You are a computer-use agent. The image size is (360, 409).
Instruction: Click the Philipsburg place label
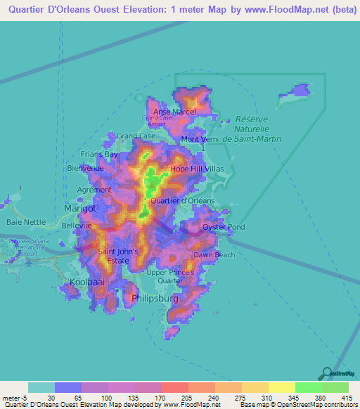(155, 299)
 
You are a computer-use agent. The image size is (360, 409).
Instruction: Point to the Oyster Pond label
(224, 227)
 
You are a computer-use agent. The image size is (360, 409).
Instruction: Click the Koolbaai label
(86, 282)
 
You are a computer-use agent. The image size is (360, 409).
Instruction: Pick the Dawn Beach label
(214, 254)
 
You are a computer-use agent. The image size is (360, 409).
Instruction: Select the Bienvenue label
(85, 169)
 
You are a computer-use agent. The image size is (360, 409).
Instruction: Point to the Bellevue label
(77, 226)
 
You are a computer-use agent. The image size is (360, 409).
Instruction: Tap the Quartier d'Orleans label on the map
(183, 200)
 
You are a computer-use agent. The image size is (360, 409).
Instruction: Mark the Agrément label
(94, 190)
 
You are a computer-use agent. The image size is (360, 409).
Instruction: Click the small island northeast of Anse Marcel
(296, 91)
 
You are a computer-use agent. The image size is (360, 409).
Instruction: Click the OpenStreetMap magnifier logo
(326, 372)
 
